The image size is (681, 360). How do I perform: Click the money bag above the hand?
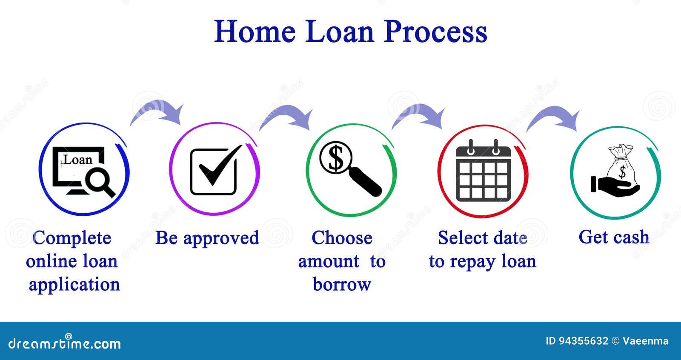pyautogui.click(x=622, y=164)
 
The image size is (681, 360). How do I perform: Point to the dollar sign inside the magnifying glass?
pyautogui.click(x=336, y=157)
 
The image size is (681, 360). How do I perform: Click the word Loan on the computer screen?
pyautogui.click(x=78, y=160)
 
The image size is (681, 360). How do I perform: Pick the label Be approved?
pyautogui.click(x=207, y=238)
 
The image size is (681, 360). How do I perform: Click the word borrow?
pyautogui.click(x=342, y=284)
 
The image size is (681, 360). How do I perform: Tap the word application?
pyautogui.click(x=74, y=285)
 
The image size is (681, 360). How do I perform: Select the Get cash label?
pyautogui.click(x=614, y=237)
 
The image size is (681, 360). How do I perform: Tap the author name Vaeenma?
pyautogui.click(x=645, y=341)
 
